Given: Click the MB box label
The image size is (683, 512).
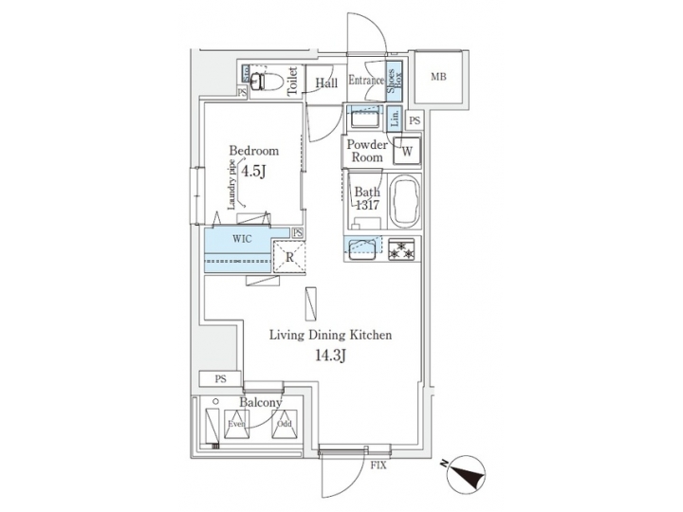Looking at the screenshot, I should click(x=439, y=77).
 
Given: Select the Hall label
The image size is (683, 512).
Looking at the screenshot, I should click(x=327, y=83).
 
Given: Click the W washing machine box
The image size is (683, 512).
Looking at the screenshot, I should click(x=407, y=150).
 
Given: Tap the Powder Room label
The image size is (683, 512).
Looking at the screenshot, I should click(x=366, y=151).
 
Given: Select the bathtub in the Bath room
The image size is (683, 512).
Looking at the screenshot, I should click(x=402, y=201).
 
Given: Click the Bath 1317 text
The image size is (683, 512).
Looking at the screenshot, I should click(x=367, y=201).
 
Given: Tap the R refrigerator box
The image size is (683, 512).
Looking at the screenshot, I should click(x=287, y=256).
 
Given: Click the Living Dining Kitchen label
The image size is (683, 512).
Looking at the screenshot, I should click(x=330, y=336).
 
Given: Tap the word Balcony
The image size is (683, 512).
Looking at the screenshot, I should click(x=260, y=403).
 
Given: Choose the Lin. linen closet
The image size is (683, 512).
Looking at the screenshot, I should click(x=396, y=119).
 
